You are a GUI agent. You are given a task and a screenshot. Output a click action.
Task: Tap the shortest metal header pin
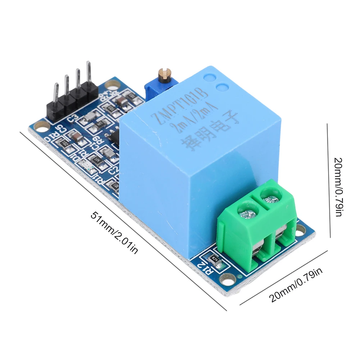point(56,93)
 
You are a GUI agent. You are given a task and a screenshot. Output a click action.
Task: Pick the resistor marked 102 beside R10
point(66,145)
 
